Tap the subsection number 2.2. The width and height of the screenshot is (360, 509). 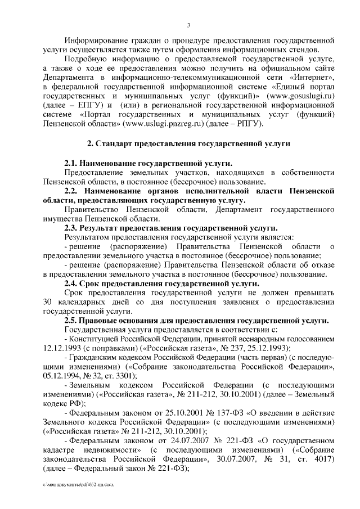[71, 191]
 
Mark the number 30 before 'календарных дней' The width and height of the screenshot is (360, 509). [47, 302]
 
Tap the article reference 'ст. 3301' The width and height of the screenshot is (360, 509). [127, 376]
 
